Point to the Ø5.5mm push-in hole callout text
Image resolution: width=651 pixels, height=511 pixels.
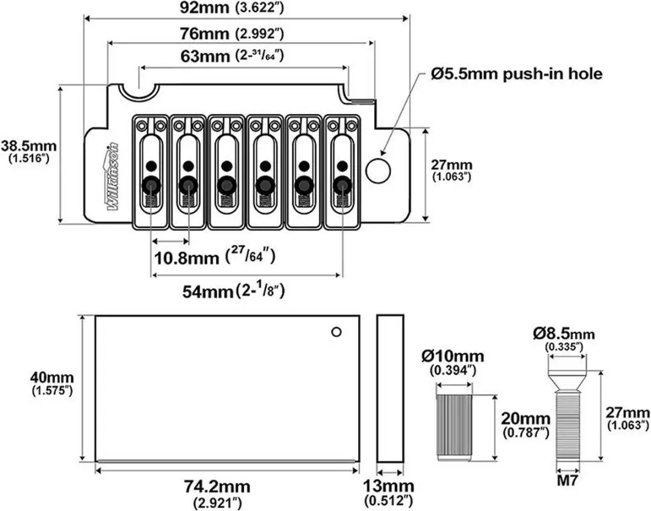[x=517, y=74]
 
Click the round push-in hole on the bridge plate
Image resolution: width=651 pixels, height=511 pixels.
[x=378, y=170]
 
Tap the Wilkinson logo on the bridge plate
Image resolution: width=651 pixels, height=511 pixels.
[x=113, y=177]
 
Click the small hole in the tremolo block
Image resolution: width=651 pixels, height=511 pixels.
[x=337, y=331]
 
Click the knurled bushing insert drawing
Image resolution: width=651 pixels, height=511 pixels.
[x=454, y=427]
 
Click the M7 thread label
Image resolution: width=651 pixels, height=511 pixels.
[x=568, y=481]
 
